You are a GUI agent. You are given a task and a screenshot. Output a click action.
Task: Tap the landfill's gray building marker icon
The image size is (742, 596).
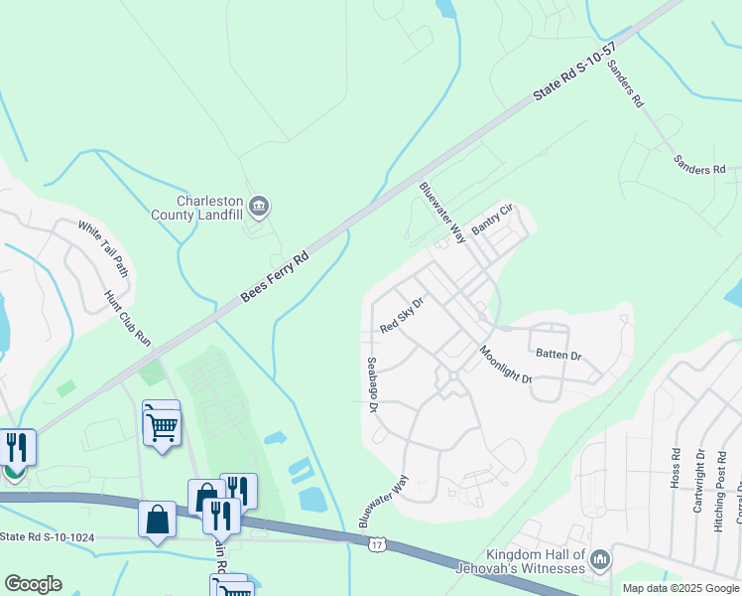tap(259, 207)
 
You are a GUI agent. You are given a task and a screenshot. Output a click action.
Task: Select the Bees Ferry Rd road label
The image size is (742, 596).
tap(275, 278)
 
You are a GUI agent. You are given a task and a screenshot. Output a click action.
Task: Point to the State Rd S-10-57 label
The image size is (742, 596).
tap(574, 72)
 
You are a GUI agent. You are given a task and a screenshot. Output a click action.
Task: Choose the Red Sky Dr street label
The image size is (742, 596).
tap(402, 316)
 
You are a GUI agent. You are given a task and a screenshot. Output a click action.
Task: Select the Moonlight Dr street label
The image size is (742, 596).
tap(506, 366)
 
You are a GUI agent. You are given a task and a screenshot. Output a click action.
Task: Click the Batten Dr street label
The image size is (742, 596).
tap(558, 354)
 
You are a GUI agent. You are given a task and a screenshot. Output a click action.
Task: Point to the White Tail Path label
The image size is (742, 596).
tap(104, 248)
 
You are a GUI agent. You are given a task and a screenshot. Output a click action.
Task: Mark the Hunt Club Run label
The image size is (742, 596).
tap(128, 318)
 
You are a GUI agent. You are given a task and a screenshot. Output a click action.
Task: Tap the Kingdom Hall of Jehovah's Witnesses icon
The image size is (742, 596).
tap(599, 561)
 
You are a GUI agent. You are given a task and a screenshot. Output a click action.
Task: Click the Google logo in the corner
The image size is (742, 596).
tap(33, 584)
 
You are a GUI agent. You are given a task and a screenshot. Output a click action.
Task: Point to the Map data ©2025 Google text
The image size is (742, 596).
tap(680, 588)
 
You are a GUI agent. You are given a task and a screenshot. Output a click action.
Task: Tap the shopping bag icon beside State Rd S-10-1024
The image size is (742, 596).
tap(157, 520)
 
